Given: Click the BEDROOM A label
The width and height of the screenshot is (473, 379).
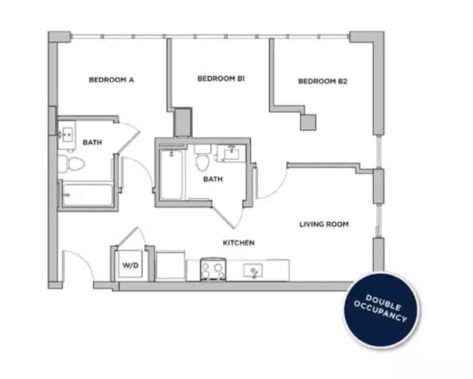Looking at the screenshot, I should (111, 80).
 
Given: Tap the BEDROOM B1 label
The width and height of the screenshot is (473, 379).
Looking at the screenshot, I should (221, 78).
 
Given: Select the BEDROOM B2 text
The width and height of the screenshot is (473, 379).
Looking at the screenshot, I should (322, 81).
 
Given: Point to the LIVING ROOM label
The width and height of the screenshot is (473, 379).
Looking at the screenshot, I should (324, 224).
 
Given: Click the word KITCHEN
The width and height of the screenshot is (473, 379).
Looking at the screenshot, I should (239, 243).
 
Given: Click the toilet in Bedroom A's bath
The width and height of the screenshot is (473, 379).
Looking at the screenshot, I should (64, 163).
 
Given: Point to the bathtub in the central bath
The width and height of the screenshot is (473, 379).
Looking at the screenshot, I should (171, 175).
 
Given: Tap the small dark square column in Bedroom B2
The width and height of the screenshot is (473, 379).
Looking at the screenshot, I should (308, 122).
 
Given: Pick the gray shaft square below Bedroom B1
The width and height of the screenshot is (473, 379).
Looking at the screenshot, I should (183, 122).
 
